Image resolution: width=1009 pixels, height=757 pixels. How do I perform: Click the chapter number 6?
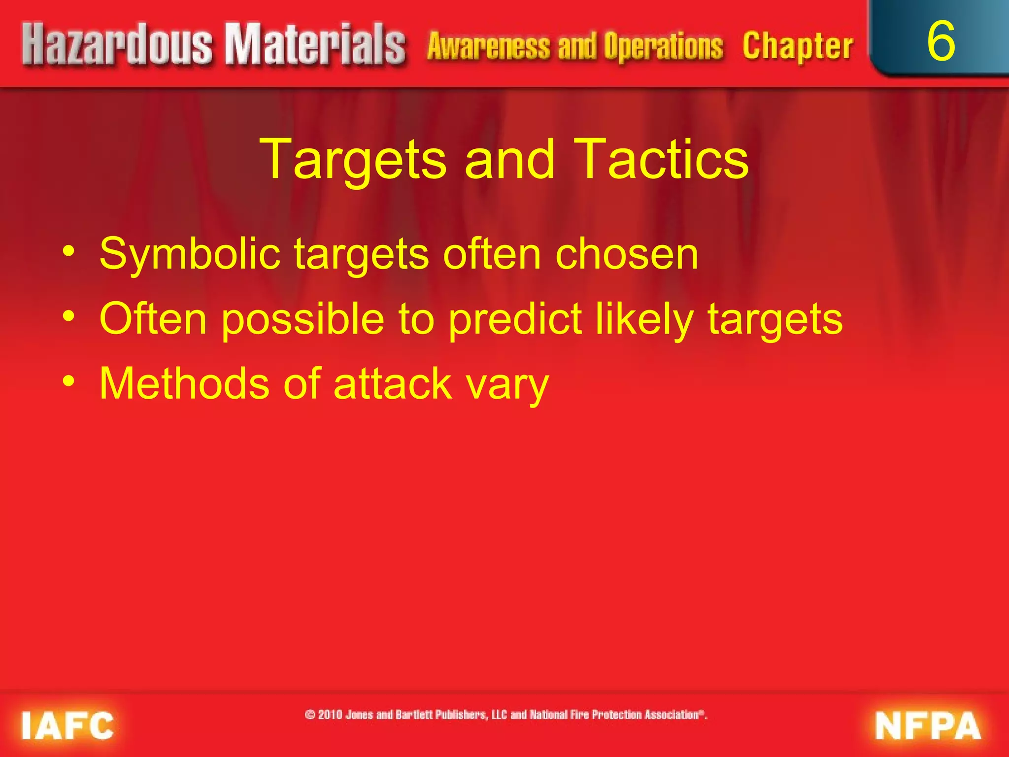point(941,41)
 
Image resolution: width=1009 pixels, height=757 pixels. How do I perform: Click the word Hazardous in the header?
point(117,45)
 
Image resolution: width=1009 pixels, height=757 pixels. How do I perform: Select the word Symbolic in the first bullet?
point(190,254)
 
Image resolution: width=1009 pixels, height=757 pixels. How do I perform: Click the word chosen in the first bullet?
point(626,254)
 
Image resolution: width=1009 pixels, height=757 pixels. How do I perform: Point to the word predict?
point(515,319)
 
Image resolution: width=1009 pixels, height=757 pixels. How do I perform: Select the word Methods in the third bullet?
point(184,383)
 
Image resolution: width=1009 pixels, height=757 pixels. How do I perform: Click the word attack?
point(393,383)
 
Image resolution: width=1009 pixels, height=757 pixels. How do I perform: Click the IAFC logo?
point(67,725)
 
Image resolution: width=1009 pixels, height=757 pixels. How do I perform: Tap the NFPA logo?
point(928,725)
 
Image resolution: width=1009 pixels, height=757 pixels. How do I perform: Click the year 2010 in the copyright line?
point(330,715)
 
